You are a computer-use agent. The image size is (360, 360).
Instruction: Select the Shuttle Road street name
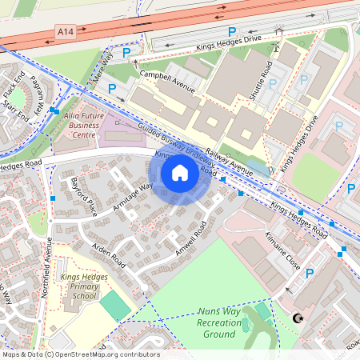(x=261, y=80)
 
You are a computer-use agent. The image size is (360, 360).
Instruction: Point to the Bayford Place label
(x=83, y=197)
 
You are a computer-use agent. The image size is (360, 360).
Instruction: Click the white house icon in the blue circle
(x=180, y=172)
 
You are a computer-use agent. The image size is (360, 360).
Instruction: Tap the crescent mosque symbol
(x=300, y=318)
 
